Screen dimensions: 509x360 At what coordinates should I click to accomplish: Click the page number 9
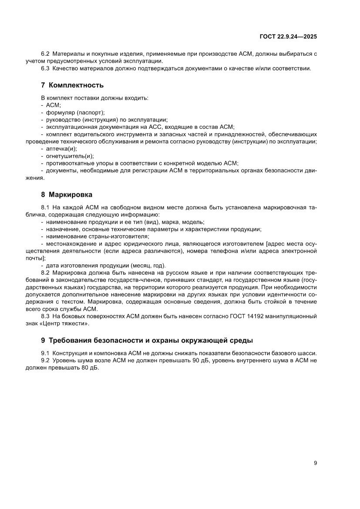315,463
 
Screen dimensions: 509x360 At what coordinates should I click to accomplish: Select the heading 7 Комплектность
72,84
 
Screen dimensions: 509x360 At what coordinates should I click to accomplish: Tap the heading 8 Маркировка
67,194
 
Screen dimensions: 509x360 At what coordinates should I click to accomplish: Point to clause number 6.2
46,54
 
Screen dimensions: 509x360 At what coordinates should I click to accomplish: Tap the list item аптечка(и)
61,149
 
